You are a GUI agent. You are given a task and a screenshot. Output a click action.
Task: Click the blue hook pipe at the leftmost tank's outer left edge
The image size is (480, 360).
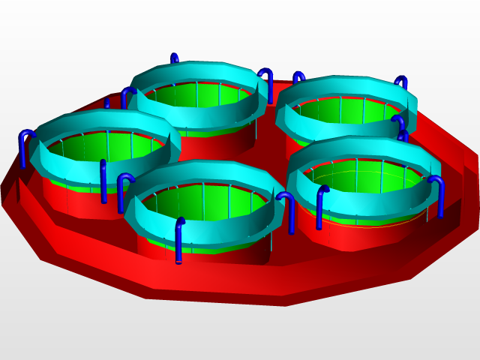[x=24, y=150]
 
